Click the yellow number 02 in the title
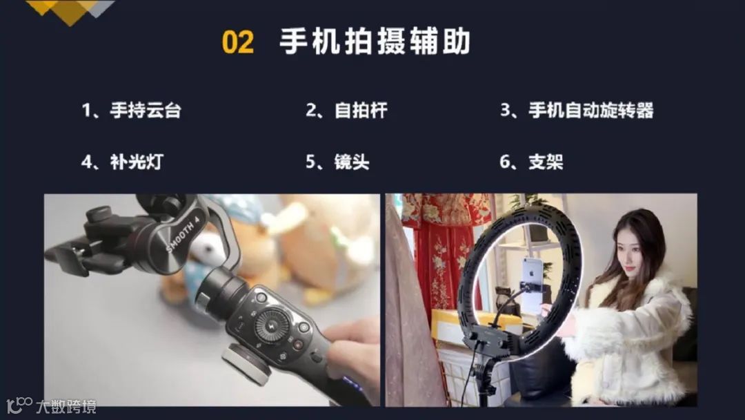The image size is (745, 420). (x=237, y=42)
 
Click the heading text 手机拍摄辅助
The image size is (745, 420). (x=375, y=41)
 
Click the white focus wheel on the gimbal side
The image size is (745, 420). (x=247, y=364)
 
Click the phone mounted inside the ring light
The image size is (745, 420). (x=533, y=285)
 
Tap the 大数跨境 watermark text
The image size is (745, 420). (x=66, y=407)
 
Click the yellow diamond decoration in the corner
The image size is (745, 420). (x=70, y=12)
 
